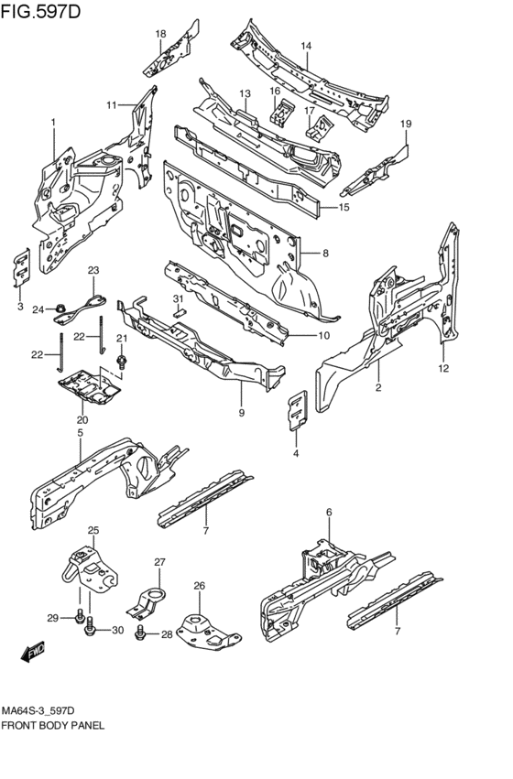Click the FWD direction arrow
(x=33, y=652)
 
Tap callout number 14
(x=306, y=46)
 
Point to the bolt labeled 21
(x=120, y=360)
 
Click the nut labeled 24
(x=60, y=308)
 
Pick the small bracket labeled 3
(x=21, y=268)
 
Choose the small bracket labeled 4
(x=298, y=410)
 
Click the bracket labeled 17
(x=317, y=126)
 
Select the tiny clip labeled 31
(x=179, y=312)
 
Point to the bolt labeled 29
(x=79, y=617)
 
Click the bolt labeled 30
(x=90, y=626)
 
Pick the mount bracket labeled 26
(x=208, y=631)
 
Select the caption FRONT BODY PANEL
(x=53, y=726)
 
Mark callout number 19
(x=406, y=124)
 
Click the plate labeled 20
(x=90, y=385)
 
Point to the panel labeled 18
(x=171, y=49)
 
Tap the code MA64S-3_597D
(x=38, y=711)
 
